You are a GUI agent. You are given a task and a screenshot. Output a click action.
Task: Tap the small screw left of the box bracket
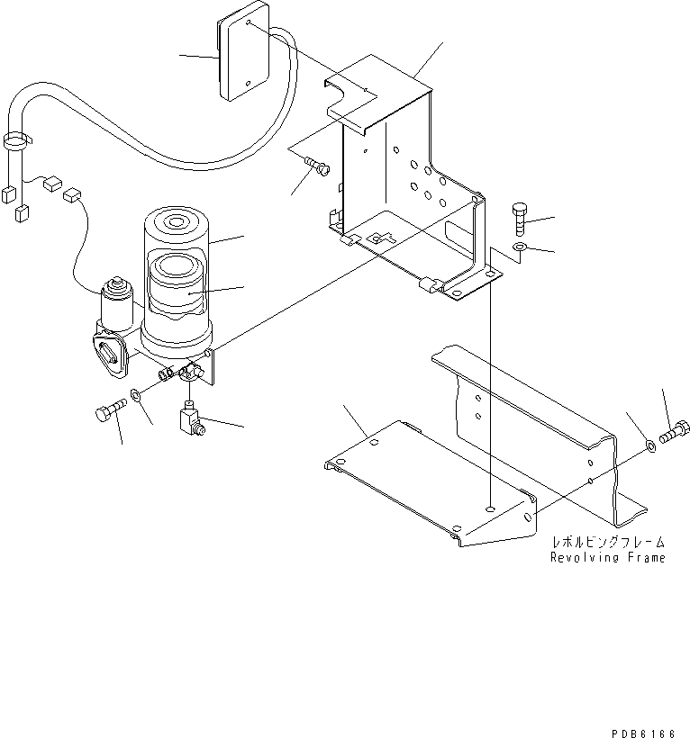tap(316, 166)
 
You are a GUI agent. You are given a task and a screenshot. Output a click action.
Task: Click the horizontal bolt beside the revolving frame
tap(672, 436)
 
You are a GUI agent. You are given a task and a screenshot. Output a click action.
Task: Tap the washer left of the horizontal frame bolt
tap(649, 444)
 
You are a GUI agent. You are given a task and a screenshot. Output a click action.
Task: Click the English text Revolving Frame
tap(608, 558)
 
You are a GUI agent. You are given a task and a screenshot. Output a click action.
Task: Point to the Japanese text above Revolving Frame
tap(608, 543)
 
